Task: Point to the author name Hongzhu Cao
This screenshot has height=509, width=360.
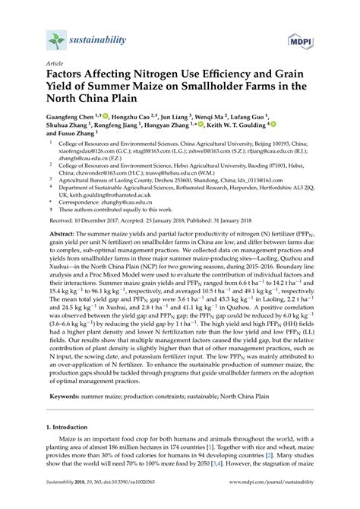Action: click(131, 120)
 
